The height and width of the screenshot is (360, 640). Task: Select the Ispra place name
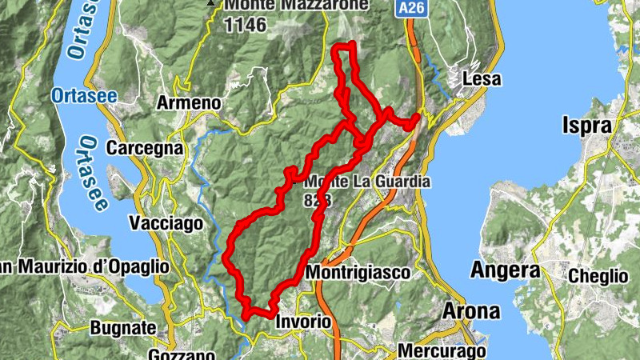(x=587, y=126)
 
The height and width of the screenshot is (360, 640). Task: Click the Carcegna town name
(x=145, y=149)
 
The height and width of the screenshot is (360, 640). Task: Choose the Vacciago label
(x=166, y=223)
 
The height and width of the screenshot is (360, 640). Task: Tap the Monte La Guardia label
(x=368, y=182)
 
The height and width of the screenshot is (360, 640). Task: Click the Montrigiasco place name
(x=358, y=272)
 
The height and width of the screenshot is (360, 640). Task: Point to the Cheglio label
(x=598, y=276)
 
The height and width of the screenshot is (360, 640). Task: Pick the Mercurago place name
(x=442, y=351)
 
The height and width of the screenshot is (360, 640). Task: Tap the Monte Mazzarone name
(x=297, y=6)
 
